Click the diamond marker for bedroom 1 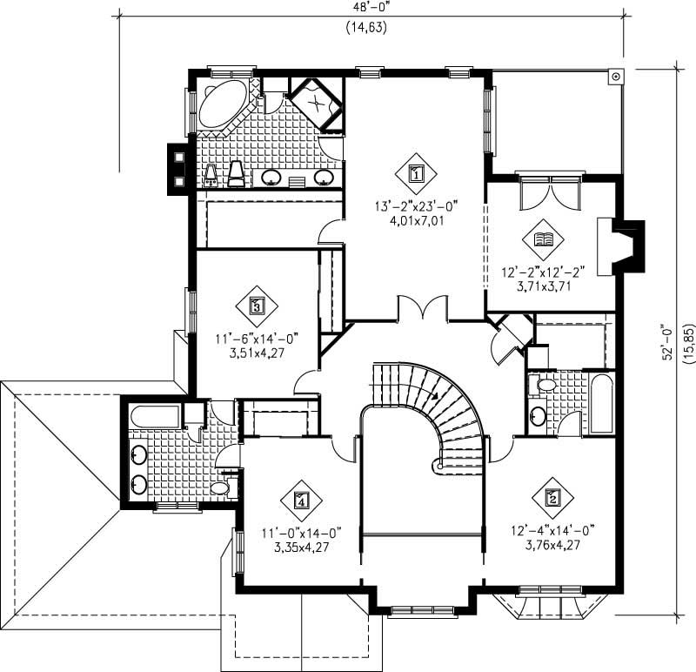(x=416, y=172)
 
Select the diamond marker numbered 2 (x=552, y=498)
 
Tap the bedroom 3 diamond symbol (x=257, y=306)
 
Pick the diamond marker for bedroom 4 (x=301, y=500)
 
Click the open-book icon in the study (x=541, y=239)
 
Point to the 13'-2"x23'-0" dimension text (x=416, y=206)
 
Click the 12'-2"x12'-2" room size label (x=541, y=272)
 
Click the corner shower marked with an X (x=316, y=103)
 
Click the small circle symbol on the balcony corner (x=616, y=77)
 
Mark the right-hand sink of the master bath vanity (x=323, y=178)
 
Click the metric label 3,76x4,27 (x=552, y=547)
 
